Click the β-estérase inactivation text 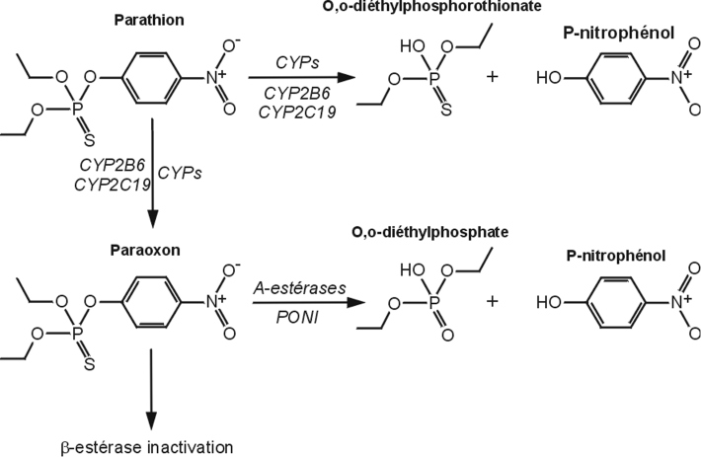click(144, 447)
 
